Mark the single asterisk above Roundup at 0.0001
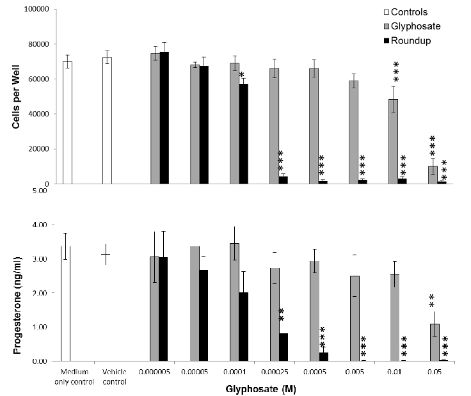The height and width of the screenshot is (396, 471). [x=241, y=75]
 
